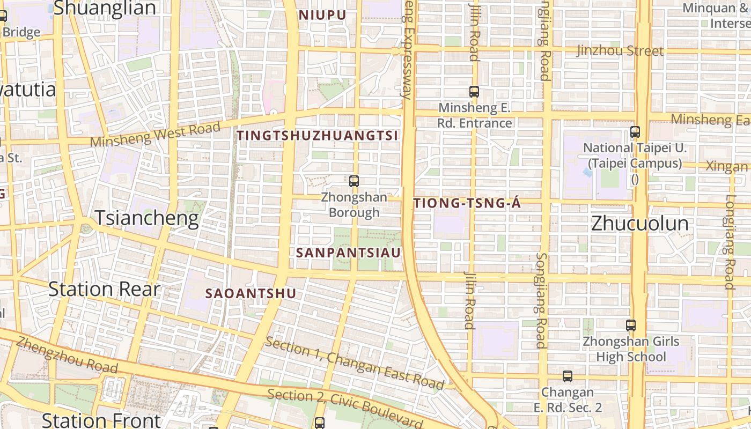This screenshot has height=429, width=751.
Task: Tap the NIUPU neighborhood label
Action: coord(322,15)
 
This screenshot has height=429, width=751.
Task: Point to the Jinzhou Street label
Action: coord(620,51)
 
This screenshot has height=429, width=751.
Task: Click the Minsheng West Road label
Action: coord(156,135)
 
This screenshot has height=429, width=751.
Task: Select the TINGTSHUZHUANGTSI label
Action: coord(318,136)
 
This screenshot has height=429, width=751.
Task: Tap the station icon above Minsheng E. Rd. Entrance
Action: coord(474,92)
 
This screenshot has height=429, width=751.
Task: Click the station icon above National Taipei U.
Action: coord(635,131)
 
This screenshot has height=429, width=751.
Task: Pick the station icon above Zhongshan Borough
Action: coord(354,181)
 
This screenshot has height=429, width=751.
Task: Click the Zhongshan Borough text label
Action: coord(354,205)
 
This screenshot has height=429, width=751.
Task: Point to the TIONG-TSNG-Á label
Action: coord(467,203)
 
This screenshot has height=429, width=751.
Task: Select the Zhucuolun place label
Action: coord(639,224)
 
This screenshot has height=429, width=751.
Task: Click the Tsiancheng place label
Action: coord(146,218)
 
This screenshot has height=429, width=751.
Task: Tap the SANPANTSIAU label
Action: coord(349,253)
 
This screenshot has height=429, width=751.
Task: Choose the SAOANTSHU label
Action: coord(251,293)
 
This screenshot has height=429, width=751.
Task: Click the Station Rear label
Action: coord(104,289)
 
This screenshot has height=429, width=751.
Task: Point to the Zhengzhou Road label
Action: coord(67,355)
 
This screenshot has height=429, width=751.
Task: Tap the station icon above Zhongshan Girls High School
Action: coord(631,325)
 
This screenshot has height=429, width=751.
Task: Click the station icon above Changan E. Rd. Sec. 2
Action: coord(568,376)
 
